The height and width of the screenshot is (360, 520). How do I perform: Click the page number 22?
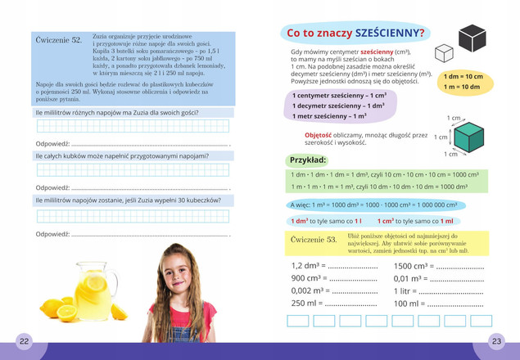coord(24,340)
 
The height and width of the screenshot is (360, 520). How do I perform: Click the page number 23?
coord(496,340)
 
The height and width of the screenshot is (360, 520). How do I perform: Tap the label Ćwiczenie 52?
coord(60,40)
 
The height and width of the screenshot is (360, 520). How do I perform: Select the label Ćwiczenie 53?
coord(314,240)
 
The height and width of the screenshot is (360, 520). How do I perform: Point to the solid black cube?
coord(473,38)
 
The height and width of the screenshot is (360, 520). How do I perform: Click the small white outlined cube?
coord(443,54)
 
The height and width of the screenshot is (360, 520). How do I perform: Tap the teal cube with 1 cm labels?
coord(469,137)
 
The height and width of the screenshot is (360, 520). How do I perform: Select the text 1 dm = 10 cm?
coord(463,76)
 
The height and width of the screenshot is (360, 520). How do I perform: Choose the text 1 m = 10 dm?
coord(462,87)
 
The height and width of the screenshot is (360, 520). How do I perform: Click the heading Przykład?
coord(309,160)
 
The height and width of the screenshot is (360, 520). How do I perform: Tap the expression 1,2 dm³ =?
coord(310,266)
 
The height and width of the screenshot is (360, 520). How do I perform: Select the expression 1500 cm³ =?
coord(414,266)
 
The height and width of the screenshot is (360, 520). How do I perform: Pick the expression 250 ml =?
coord(307,304)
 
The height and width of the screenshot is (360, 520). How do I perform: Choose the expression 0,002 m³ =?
coord(312,291)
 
